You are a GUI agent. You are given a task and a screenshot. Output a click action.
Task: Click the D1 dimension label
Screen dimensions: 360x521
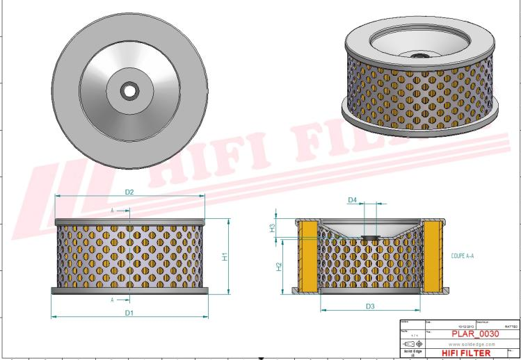pyautogui.click(x=129, y=313)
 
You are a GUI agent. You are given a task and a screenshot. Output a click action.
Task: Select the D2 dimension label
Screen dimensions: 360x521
pyautogui.click(x=129, y=191)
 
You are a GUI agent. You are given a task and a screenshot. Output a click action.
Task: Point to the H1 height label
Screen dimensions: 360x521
pyautogui.click(x=224, y=256)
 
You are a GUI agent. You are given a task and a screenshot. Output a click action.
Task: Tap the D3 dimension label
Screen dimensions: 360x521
pyautogui.click(x=370, y=306)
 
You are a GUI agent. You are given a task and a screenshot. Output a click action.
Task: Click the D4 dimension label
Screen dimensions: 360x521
pyautogui.click(x=352, y=200)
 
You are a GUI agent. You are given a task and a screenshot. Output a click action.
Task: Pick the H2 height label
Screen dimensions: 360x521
pyautogui.click(x=278, y=268)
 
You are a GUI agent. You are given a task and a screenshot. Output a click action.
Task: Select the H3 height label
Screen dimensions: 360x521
pyautogui.click(x=273, y=227)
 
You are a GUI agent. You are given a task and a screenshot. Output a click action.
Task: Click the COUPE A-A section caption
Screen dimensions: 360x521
pyautogui.click(x=462, y=256)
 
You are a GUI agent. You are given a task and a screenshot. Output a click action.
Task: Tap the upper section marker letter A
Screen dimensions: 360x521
pyautogui.click(x=112, y=209)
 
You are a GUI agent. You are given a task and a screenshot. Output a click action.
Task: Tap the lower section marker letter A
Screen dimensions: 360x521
pyautogui.click(x=112, y=300)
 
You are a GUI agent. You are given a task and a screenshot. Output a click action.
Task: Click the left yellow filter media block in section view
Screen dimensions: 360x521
pyautogui.click(x=308, y=257)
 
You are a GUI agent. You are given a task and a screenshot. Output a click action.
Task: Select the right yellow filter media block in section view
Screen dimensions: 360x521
pyautogui.click(x=433, y=257)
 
